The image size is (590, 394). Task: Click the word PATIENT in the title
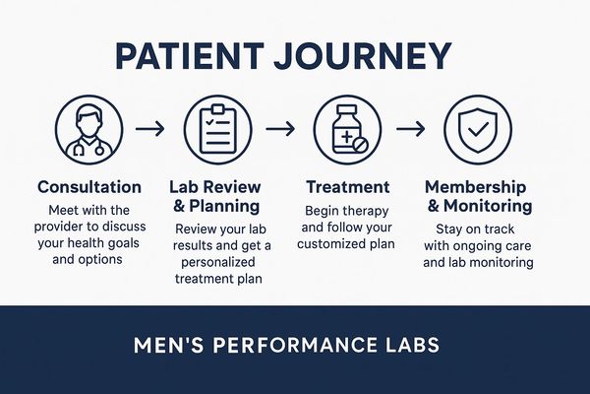pyautogui.click(x=189, y=56)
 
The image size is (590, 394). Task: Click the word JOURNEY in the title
pyautogui.click(x=363, y=56)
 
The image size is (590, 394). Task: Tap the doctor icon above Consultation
pyautogui.click(x=89, y=129)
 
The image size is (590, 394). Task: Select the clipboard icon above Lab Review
pyautogui.click(x=218, y=129)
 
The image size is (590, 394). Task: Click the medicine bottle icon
pyautogui.click(x=347, y=129)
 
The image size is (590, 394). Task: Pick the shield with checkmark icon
pyautogui.click(x=478, y=129)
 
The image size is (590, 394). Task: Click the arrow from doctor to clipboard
pyautogui.click(x=149, y=129)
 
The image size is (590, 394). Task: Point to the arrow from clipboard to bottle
pyautogui.click(x=280, y=129)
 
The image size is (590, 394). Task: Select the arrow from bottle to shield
pyautogui.click(x=410, y=129)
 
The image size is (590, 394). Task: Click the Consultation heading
pyautogui.click(x=89, y=187)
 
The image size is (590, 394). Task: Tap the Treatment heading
pyautogui.click(x=348, y=187)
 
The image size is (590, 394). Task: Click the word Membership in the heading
pyautogui.click(x=475, y=187)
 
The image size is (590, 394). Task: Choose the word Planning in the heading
pyautogui.click(x=224, y=207)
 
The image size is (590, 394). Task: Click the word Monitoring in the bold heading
pyautogui.click(x=488, y=206)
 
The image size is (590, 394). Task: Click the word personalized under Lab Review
pyautogui.click(x=218, y=262)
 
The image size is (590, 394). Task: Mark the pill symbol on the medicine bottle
pyautogui.click(x=361, y=145)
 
